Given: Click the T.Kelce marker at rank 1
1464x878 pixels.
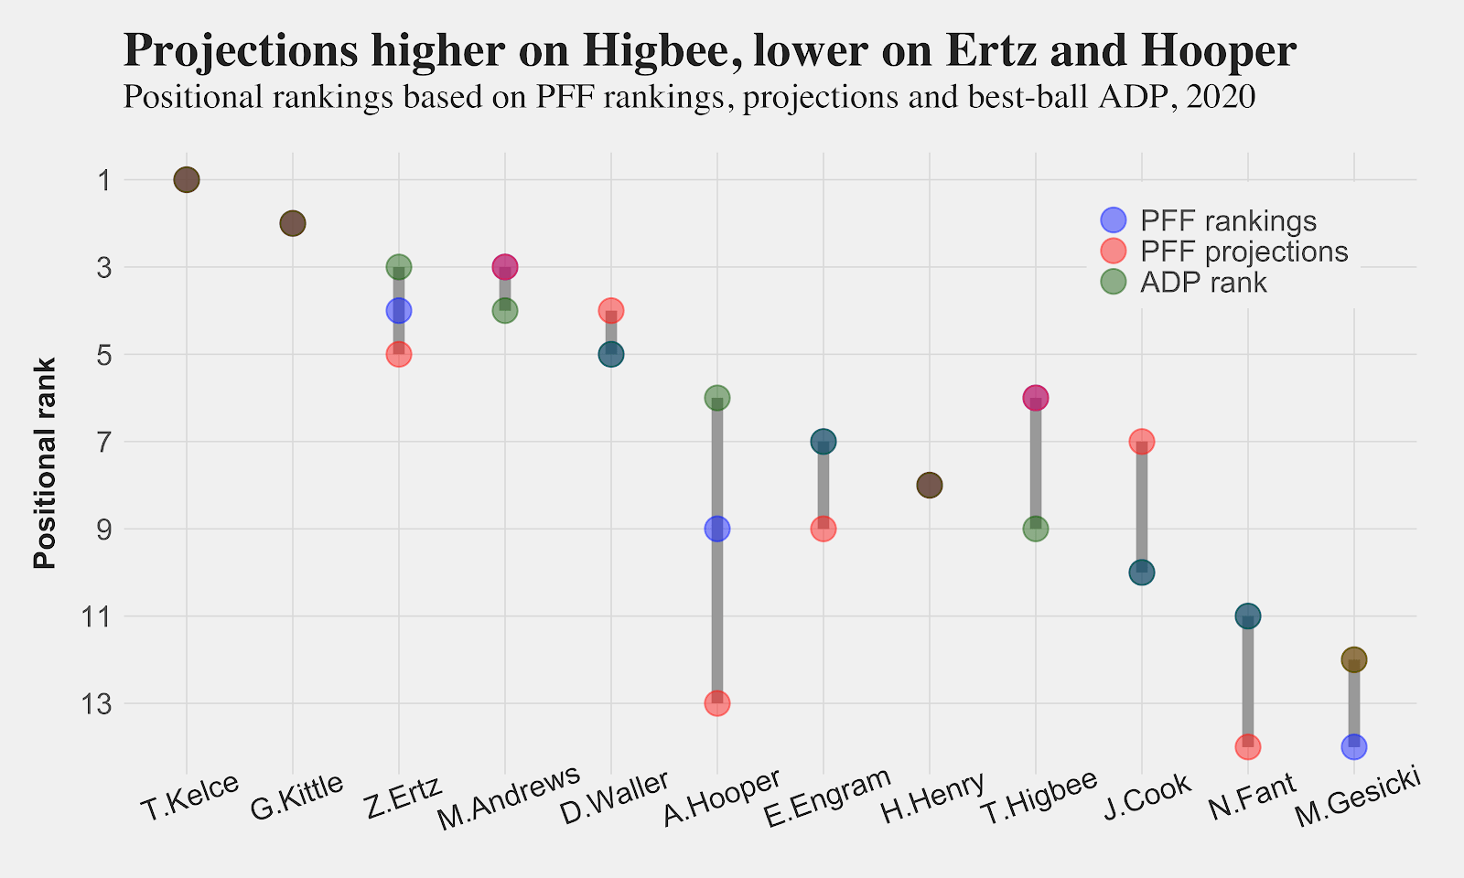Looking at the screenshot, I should pos(187,179).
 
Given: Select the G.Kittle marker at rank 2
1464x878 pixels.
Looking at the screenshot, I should pos(293,223).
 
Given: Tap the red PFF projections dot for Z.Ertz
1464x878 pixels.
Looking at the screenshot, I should pos(399,354).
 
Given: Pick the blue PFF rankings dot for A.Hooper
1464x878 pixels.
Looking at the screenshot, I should pos(717,529).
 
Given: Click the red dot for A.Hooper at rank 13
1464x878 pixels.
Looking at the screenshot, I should pos(717,703).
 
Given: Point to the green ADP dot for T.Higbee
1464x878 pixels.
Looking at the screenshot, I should pos(1036,529).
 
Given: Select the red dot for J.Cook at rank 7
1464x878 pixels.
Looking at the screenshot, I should pos(1142,442).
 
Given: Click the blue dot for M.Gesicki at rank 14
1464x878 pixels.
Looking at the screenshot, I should pos(1354,746).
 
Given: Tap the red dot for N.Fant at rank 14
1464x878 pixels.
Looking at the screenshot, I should pos(1248,746).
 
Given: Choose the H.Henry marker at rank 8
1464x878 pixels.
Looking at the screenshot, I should pos(930,485).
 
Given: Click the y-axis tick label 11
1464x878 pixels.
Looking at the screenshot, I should pos(95,617).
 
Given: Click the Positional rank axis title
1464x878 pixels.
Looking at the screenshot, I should pos(46,463).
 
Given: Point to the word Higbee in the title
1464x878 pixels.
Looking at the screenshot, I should pos(662,50).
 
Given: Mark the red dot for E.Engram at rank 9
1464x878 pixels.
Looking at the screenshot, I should pos(823,529).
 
